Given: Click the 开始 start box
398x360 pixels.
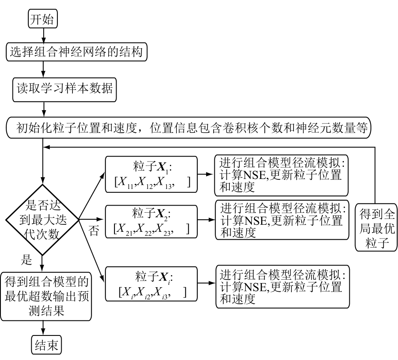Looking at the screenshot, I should (42, 20).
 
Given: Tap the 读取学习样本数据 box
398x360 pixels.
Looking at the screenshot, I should (64, 89).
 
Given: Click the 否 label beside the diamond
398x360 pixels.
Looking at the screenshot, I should (94, 231).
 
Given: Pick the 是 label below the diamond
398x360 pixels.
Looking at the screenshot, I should (26, 261).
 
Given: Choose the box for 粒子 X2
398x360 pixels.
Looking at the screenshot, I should (151, 222).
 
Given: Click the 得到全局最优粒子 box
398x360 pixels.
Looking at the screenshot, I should (376, 228).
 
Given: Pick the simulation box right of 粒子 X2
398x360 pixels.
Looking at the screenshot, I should (281, 220).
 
